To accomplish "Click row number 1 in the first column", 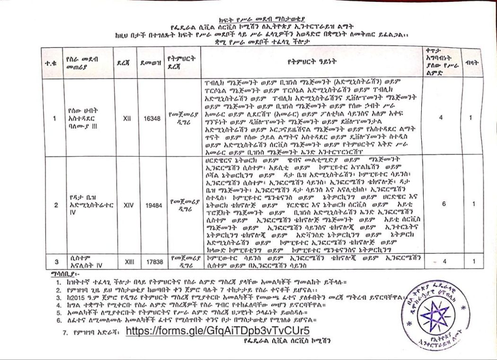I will [x=55, y=118].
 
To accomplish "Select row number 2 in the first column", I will [x=55, y=205].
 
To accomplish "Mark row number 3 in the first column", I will [x=55, y=261].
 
